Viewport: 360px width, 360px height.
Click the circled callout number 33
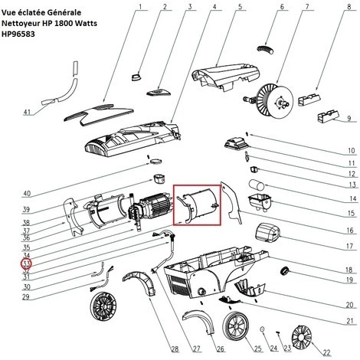[x=27, y=263]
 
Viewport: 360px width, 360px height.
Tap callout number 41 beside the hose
[x=27, y=112]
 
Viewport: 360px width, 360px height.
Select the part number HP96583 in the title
[x=18, y=34]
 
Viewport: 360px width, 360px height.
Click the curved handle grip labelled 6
[x=265, y=49]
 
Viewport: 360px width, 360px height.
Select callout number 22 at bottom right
[x=327, y=352]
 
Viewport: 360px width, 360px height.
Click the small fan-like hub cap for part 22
[x=302, y=336]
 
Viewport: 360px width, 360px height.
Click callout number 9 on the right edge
[x=349, y=118]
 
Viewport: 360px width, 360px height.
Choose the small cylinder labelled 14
[x=257, y=185]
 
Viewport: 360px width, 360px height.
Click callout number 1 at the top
[x=140, y=6]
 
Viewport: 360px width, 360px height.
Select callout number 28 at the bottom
[x=175, y=349]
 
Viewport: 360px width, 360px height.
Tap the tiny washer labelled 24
[x=262, y=329]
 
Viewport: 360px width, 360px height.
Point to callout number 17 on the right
[x=349, y=246]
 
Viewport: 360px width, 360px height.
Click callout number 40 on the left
[x=27, y=193]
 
